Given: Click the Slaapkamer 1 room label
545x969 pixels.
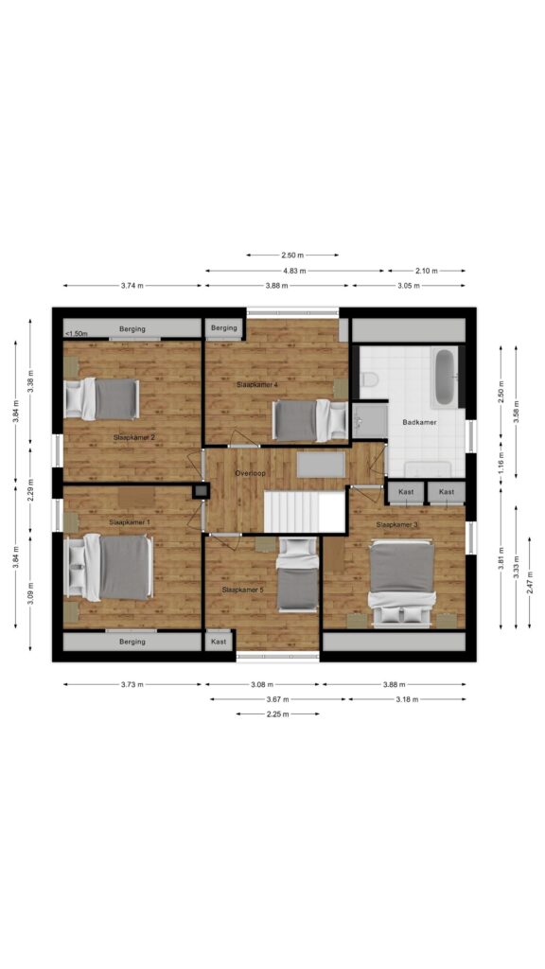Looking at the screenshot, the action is (130, 522).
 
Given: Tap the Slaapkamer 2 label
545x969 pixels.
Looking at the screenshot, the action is (134, 437).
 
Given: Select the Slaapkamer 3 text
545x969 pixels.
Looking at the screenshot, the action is (397, 524).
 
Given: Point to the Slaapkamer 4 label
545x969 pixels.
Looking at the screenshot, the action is (257, 384).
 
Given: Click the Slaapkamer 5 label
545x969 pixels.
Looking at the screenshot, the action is (243, 590).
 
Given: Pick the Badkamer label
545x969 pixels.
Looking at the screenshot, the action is (419, 423).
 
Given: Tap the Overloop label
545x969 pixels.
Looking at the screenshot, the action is (250, 473).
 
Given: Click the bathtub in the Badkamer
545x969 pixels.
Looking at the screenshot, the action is (445, 378).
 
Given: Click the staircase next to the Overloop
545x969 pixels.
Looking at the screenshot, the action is (304, 511).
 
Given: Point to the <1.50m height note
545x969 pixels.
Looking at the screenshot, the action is (77, 334).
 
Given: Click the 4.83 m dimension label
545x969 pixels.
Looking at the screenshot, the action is (295, 271).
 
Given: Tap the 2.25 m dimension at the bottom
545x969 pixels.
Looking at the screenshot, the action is (277, 714).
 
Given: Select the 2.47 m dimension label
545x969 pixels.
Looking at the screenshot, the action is (530, 583).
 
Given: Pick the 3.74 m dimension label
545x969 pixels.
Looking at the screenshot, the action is (132, 286).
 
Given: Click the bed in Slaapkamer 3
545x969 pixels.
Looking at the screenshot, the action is (401, 583).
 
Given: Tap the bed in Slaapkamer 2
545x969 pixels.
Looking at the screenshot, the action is (102, 398).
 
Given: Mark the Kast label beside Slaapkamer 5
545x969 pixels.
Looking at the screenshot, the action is (219, 642).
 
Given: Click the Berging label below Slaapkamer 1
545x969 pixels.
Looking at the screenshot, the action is (132, 642).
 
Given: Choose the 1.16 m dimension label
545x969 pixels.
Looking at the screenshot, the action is (501, 461).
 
